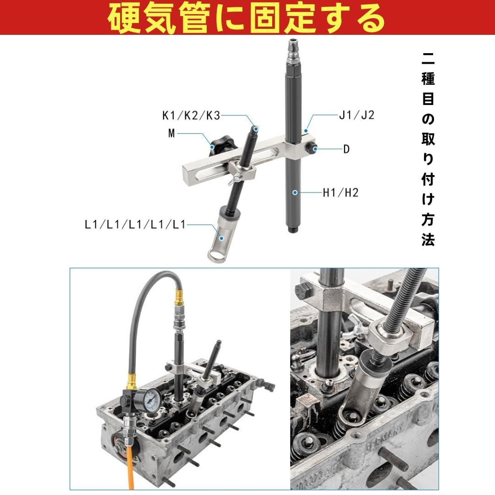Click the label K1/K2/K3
pos(191,115)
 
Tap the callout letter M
pos(171,133)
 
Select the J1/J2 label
pos(357,115)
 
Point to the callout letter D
pos(346,149)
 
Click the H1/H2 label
pos(340,192)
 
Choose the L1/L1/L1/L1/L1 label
pos(135,225)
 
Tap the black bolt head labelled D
pos(313,148)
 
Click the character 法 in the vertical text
pos(428,240)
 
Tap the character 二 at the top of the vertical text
pos(428,59)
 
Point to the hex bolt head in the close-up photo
pos(304,289)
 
